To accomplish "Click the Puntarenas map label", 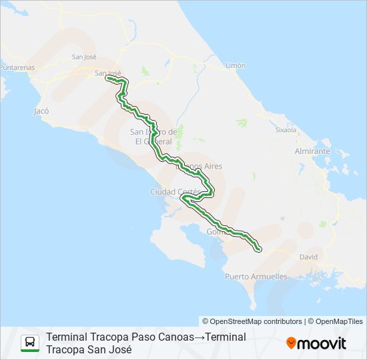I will pos(17,67).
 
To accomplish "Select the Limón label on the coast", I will pos(236,66).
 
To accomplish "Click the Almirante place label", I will pos(312,151).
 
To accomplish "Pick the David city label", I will pos(309,256).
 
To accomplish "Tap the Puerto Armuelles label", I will pos(256,276).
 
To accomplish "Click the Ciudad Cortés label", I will pos(175,192).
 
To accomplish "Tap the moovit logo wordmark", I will pos(322,343).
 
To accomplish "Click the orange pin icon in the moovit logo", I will pos(291,343).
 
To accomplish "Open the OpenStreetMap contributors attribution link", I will pos(252,321).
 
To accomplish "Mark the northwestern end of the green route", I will pos(107,78).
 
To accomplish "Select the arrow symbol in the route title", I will pos(200,337).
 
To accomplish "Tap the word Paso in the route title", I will pos(143,337).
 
